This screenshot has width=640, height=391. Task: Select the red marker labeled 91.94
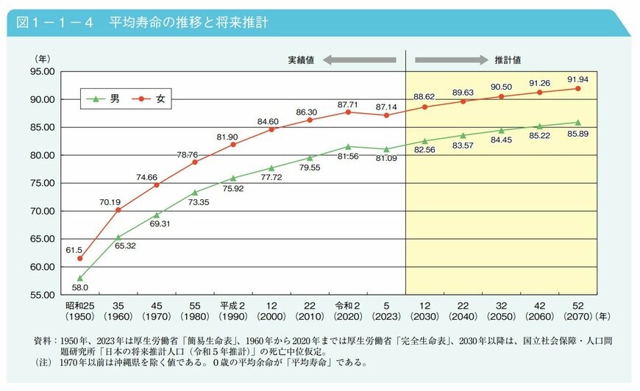click(x=577, y=88)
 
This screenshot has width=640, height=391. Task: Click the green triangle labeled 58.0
click(x=79, y=279)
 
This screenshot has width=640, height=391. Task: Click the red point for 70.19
click(x=118, y=209)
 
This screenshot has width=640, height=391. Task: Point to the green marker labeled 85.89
click(x=577, y=123)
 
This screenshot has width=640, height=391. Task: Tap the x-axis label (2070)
click(x=577, y=318)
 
